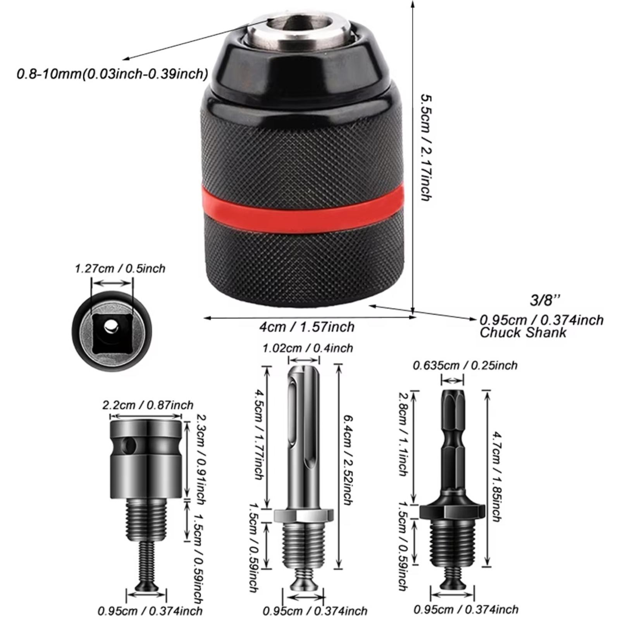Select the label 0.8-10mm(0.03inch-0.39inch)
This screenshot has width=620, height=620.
tap(112, 73)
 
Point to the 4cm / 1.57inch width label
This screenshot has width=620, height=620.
tap(307, 327)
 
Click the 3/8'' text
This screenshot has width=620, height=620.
tap(545, 300)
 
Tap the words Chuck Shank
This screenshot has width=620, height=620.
tap(523, 332)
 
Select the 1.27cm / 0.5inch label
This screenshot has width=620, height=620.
tap(120, 269)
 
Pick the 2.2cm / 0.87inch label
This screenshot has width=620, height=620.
tap(148, 405)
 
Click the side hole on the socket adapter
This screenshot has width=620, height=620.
tap(130, 446)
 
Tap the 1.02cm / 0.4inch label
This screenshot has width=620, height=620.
tap(308, 348)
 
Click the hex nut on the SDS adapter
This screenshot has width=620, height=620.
tap(303, 515)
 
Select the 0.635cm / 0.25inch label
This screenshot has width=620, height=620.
tap(465, 365)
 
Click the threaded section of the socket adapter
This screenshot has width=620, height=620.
tap(146, 519)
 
